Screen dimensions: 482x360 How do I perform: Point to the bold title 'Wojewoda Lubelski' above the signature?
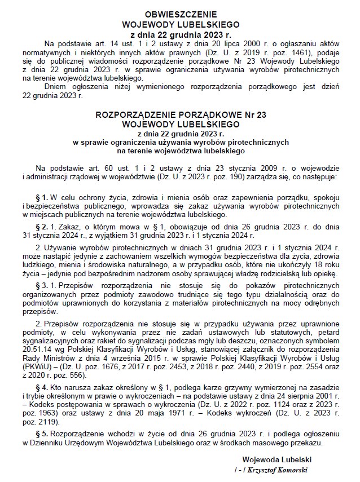coord(277,459)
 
